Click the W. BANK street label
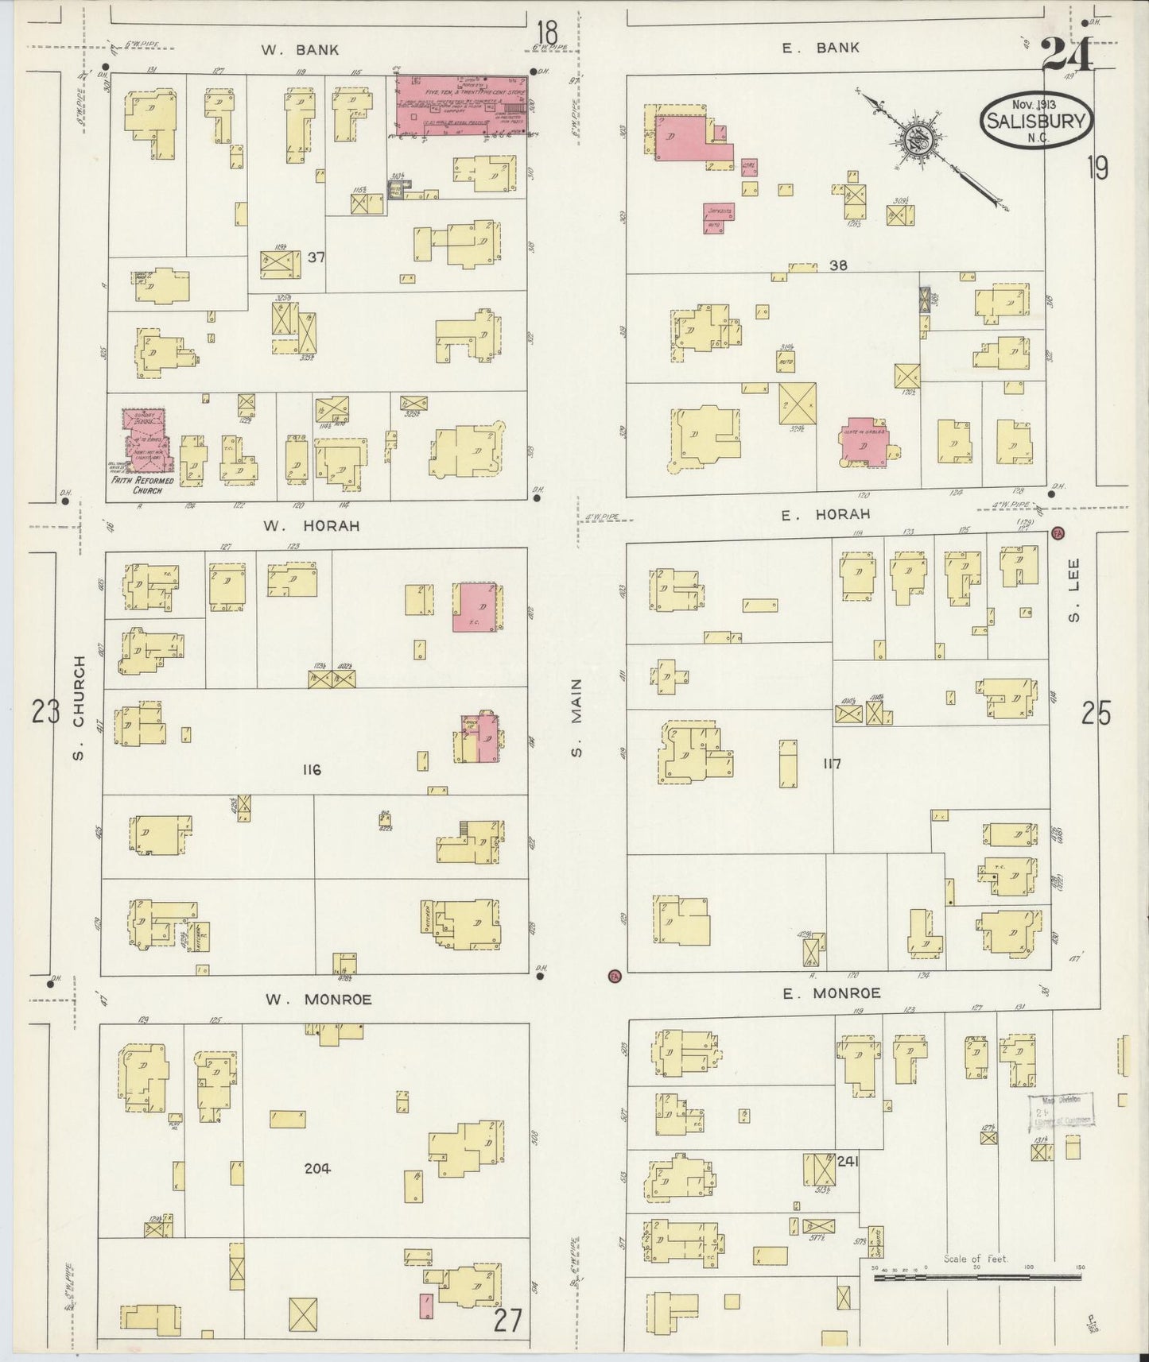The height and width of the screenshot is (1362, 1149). pos(300,49)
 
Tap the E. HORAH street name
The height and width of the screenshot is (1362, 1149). pos(813,515)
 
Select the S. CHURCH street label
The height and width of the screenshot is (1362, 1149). pos(78,707)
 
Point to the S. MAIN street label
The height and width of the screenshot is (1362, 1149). pos(576,718)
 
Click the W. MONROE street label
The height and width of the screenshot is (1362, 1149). pos(318,1000)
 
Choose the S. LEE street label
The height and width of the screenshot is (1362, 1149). pos(1075,601)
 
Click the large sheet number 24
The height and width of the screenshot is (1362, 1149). pos(1066,55)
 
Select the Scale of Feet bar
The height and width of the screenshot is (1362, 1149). pos(974,1277)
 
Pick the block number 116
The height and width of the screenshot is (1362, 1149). pos(311,769)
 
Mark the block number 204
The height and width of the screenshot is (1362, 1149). pos(316,1168)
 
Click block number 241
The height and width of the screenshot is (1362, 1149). pos(847,1161)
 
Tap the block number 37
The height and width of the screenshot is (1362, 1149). pos(316,257)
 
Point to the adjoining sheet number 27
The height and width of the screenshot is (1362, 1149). pos(507,1320)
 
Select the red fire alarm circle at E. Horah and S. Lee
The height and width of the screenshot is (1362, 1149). pos(1058,532)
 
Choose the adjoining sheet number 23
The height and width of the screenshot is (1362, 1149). pos(45,713)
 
